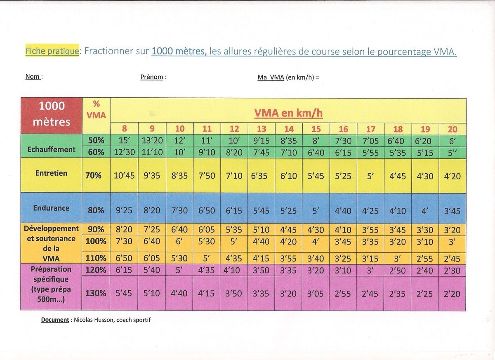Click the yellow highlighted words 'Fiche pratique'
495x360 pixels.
click(52, 51)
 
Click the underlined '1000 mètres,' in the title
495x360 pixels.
click(179, 52)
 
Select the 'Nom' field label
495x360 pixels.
click(33, 77)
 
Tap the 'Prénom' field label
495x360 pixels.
click(152, 77)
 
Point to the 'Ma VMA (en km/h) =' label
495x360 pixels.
click(288, 77)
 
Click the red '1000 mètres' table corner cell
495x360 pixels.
click(52, 114)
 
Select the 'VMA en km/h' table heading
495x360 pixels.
click(288, 113)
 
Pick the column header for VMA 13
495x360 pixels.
click(262, 129)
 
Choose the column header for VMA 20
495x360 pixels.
click(453, 129)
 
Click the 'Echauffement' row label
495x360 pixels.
click(52, 149)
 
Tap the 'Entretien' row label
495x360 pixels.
click(52, 173)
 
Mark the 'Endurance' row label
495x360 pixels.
click(52, 208)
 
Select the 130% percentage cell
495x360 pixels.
click(96, 294)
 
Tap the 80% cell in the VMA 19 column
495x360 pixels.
click(425, 211)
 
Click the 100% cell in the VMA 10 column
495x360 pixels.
click(179, 241)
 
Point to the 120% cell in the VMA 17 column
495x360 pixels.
click(370, 271)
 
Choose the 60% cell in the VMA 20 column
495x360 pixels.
click(453, 152)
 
